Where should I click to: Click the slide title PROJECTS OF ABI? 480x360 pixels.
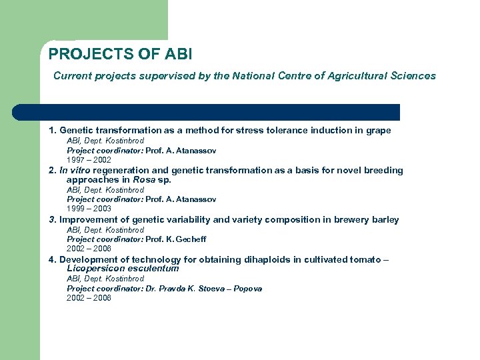point(120,53)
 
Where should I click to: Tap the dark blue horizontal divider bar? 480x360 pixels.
point(207,112)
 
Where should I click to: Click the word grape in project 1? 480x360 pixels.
point(378,131)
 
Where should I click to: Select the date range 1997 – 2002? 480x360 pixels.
point(89,160)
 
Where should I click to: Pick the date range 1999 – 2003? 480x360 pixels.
point(89,209)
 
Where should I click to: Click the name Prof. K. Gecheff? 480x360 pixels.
point(185,239)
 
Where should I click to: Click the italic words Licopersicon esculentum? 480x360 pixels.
point(123,269)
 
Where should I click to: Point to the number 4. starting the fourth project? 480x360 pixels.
point(53,260)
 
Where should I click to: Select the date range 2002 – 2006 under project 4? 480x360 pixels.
point(89,298)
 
